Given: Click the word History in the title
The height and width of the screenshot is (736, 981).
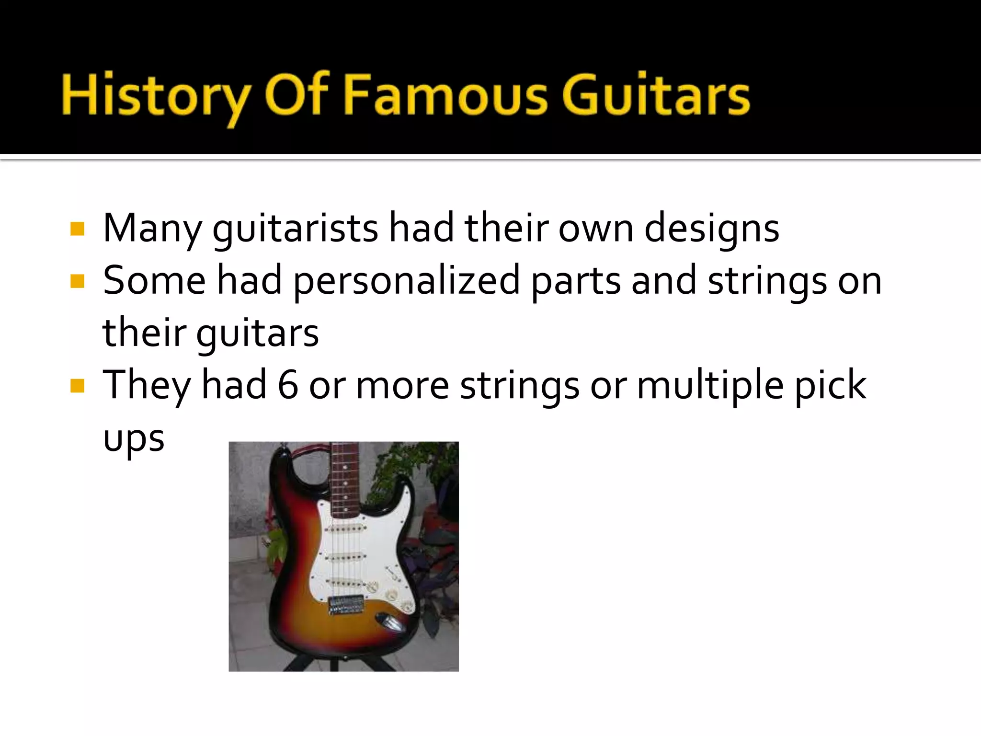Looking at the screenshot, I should click(x=154, y=96).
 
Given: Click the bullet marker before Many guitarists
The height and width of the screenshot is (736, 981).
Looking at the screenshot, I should click(x=77, y=229).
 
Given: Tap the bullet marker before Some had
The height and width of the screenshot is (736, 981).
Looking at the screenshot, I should click(x=77, y=281).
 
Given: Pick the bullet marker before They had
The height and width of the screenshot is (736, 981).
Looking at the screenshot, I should click(x=77, y=386).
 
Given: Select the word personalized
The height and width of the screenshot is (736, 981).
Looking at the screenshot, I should click(x=406, y=282).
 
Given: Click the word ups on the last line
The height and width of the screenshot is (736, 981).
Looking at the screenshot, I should click(x=134, y=439).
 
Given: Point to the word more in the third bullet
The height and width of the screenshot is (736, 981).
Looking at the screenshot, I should click(x=402, y=386).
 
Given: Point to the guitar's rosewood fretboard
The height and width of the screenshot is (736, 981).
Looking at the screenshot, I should click(x=343, y=479).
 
